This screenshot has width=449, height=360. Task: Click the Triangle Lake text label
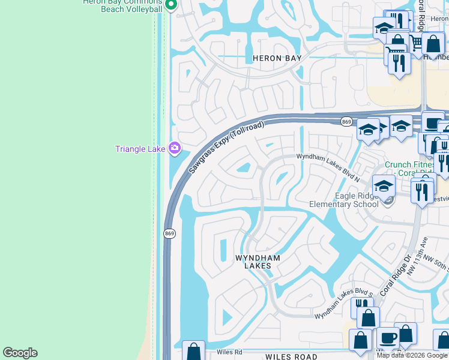pos(140,149)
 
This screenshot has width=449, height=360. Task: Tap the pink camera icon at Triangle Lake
pos(175,148)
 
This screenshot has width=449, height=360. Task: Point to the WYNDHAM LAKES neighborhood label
pos(258,262)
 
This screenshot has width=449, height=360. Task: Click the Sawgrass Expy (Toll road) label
pos(226,148)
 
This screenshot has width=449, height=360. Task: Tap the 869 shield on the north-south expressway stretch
pos(169,233)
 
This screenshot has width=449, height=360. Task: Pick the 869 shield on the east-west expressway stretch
pos(346,122)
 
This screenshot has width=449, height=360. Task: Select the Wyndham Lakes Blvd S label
pos(340,304)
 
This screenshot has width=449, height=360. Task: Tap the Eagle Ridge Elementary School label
pos(343,200)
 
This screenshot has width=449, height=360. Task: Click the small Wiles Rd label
pos(229,352)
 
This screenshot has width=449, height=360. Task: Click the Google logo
pos(20,353)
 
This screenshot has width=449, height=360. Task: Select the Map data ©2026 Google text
pos(412,355)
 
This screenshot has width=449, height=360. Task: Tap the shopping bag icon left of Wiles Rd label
pos(193,350)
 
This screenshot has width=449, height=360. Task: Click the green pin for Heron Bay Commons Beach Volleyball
pos(170,5)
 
